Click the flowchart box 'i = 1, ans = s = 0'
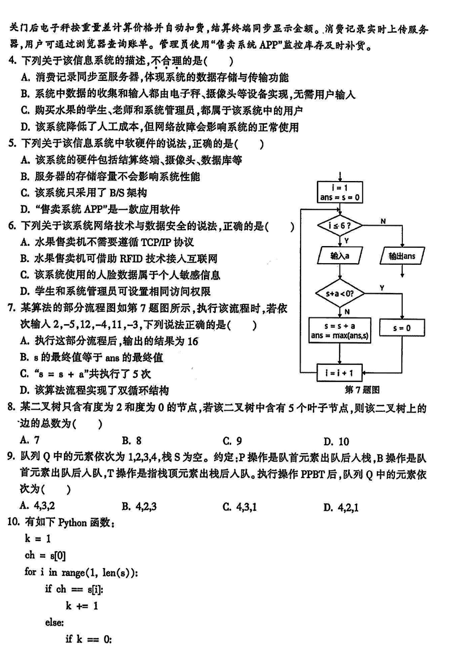[x=339, y=192]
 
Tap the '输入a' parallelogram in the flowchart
[x=339, y=256]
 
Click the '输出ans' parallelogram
[x=402, y=256]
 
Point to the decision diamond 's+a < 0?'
[x=339, y=294]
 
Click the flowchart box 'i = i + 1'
[x=339, y=373]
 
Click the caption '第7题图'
[x=362, y=390]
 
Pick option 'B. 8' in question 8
[x=131, y=441]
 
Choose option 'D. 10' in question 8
[x=336, y=441]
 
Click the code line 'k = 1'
[x=38, y=539]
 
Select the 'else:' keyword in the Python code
[x=55, y=622]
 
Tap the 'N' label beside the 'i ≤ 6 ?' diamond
[x=383, y=221]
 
